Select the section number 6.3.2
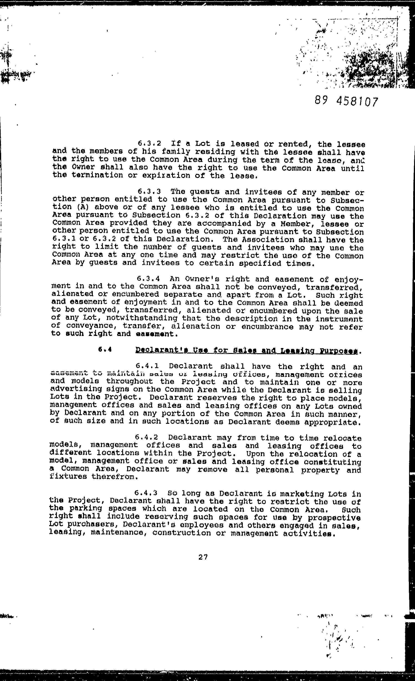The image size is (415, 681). tap(149, 144)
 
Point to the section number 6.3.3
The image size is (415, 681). tap(149, 192)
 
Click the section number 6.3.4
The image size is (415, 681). tap(149, 279)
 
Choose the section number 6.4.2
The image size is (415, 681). tap(147, 438)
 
